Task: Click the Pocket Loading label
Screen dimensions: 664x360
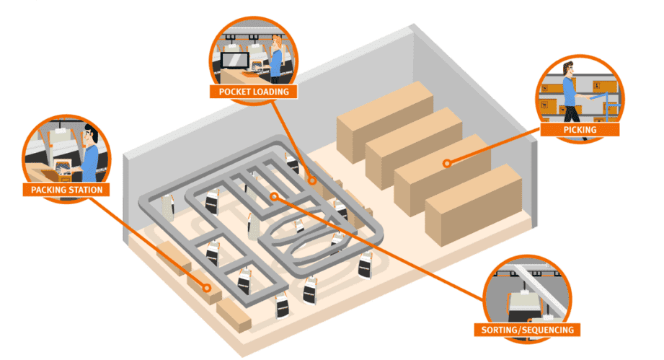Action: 254,92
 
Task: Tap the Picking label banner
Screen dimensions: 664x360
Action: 580,130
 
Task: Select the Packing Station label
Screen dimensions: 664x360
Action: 66,190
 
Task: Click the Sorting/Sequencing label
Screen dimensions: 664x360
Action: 527,330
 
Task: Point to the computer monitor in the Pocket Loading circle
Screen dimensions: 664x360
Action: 234,60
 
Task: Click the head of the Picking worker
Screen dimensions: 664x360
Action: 568,69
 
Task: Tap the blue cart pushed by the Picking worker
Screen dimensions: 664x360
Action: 610,106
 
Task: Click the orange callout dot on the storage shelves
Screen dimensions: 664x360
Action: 447,163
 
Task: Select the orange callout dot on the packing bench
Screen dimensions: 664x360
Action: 207,288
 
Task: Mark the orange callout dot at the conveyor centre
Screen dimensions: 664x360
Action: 275,196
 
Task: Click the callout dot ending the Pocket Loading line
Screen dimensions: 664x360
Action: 312,180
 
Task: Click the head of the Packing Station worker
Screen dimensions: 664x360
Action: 90,135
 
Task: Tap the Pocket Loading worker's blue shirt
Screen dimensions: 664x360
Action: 275,63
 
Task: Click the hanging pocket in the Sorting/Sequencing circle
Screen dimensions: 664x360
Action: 524,307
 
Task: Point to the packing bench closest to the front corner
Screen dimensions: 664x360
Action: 234,315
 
